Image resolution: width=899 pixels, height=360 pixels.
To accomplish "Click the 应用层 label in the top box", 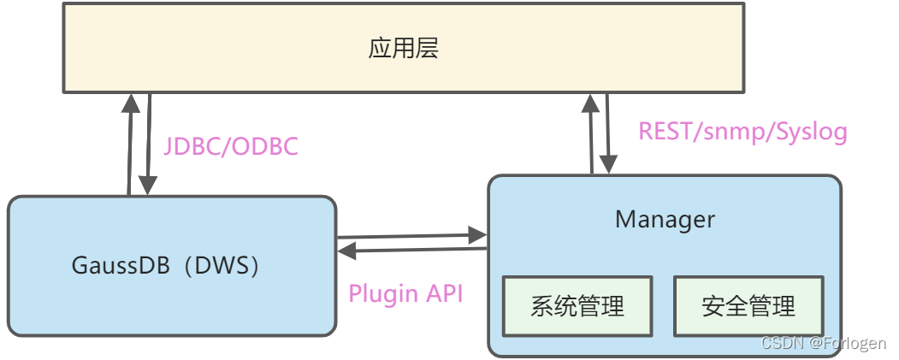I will [404, 48].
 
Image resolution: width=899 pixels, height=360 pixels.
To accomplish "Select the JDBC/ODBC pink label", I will [231, 146].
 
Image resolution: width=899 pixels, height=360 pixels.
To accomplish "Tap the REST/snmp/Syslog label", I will [742, 131].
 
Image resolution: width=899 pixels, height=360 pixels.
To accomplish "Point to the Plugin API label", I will [405, 293].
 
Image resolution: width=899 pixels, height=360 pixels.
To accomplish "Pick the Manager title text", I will [665, 219].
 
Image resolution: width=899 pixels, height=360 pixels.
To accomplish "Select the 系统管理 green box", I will [577, 305].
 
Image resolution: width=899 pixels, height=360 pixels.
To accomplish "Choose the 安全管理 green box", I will [748, 305].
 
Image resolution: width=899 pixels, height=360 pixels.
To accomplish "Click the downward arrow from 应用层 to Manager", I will [608, 133].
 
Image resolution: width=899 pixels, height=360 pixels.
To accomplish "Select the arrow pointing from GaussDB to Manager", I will [411, 234].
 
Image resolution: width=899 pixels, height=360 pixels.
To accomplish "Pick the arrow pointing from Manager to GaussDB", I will [411, 249].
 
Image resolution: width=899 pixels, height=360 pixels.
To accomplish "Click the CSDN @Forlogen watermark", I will [823, 343].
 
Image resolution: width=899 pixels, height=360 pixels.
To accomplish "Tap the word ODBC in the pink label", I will [265, 146].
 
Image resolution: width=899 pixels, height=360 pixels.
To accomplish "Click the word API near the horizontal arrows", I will [442, 293].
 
